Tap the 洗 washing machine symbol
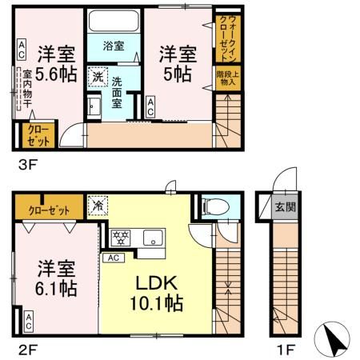click(x=97, y=77)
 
